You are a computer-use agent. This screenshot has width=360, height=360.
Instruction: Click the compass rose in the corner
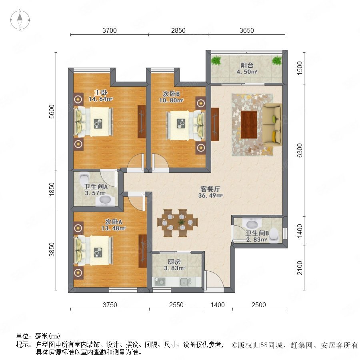click(x=20, y=20)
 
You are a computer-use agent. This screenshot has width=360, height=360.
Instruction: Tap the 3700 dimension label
click(x=110, y=30)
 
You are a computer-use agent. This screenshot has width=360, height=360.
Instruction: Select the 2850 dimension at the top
click(x=178, y=30)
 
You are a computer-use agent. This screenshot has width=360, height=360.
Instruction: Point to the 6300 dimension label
click(x=300, y=150)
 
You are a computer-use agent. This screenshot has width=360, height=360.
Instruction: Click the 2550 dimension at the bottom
click(x=176, y=305)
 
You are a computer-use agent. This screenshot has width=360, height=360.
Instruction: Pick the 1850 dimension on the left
click(x=52, y=189)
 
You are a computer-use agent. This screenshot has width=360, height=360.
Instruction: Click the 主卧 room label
click(x=101, y=92)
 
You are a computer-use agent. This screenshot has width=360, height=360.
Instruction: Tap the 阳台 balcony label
click(x=247, y=65)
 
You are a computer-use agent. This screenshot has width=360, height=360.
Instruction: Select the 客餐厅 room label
click(x=210, y=189)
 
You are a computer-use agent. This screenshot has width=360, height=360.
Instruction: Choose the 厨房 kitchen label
click(x=174, y=262)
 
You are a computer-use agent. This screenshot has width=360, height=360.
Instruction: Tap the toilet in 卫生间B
click(x=274, y=235)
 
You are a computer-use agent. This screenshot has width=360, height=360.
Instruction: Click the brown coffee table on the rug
click(x=249, y=125)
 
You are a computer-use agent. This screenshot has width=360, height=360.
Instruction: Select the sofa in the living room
click(x=272, y=124)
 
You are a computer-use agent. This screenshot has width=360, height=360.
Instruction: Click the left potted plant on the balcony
click(x=216, y=60)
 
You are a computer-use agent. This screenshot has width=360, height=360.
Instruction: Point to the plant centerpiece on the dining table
click(x=181, y=222)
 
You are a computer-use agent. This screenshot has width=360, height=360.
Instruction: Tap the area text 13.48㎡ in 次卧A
click(x=114, y=228)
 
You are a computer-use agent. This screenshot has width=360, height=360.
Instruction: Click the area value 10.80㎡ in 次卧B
click(x=171, y=100)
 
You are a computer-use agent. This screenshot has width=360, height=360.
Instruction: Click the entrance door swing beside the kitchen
click(x=214, y=280)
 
